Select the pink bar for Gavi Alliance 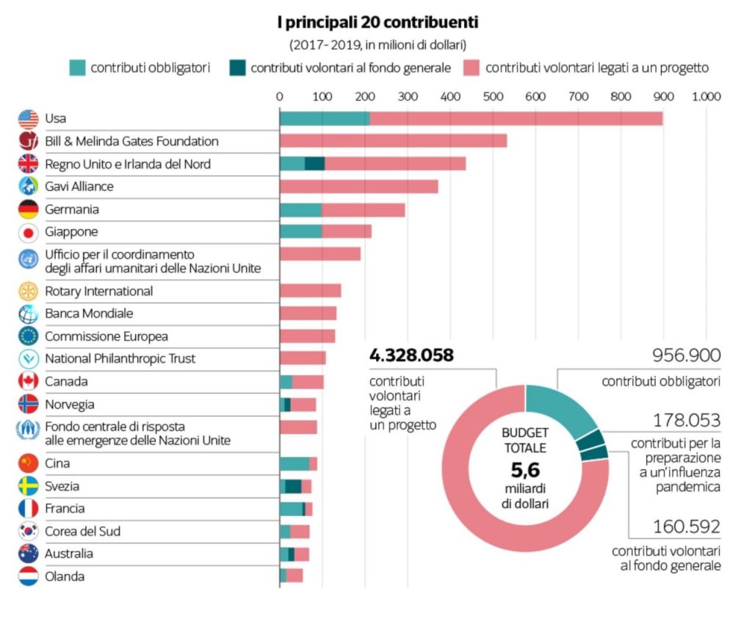coord(358,187)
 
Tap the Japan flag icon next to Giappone coord(28,232)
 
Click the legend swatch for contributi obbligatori coord(77,68)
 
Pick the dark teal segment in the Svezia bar coord(293,486)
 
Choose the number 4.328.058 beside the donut coord(411,356)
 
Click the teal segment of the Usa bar coord(324,118)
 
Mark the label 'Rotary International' coord(99,291)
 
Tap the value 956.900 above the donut coord(687,356)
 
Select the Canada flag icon coord(28,381)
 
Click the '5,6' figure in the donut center coord(525,470)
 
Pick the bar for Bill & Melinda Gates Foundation coord(393,141)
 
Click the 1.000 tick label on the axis coord(706,96)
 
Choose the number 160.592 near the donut coord(687,527)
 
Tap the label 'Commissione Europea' coord(106,336)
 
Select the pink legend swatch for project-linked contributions coord(472,68)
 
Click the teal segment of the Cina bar coord(294,463)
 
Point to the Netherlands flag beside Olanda coord(28,576)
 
